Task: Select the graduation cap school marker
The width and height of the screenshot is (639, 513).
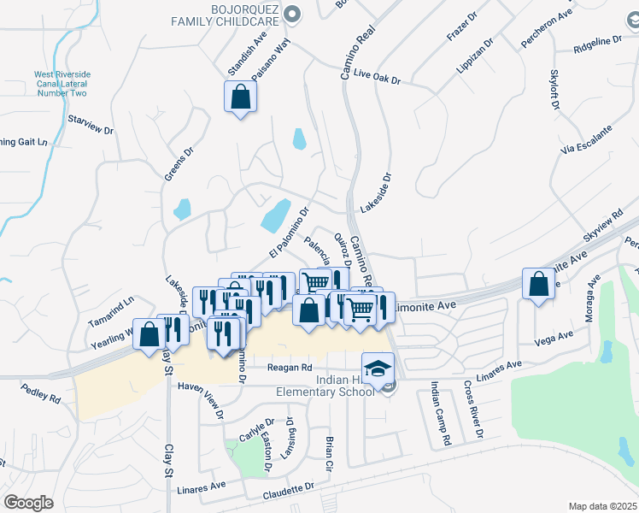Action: point(375,367)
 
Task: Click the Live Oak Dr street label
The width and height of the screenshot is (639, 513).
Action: point(377,78)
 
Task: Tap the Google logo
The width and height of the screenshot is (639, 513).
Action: point(28,503)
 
